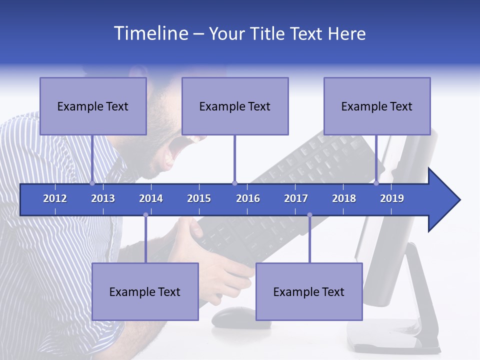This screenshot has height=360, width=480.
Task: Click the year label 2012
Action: [x=55, y=198]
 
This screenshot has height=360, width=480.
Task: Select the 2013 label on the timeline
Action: [x=103, y=198]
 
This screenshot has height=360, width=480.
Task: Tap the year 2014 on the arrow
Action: [x=151, y=198]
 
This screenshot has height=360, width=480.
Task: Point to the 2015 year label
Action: [x=199, y=198]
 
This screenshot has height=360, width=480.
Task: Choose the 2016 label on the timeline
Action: [x=248, y=198]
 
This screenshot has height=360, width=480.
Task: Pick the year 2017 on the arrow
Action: [x=296, y=198]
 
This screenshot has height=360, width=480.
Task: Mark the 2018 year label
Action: [x=344, y=198]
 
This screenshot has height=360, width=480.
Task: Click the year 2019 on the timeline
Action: [x=392, y=198]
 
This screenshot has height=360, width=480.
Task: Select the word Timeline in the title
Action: [x=151, y=33]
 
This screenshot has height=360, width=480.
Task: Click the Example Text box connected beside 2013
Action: [x=93, y=106]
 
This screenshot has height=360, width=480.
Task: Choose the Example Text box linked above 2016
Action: [x=235, y=106]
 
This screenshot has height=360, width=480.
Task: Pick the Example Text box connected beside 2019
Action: [x=377, y=106]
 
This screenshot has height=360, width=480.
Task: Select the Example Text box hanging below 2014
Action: [x=145, y=291]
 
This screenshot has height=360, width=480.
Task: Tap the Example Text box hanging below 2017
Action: [x=309, y=291]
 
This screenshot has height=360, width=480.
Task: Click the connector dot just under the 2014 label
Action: [x=145, y=215]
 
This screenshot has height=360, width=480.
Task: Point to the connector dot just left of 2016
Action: [x=234, y=183]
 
